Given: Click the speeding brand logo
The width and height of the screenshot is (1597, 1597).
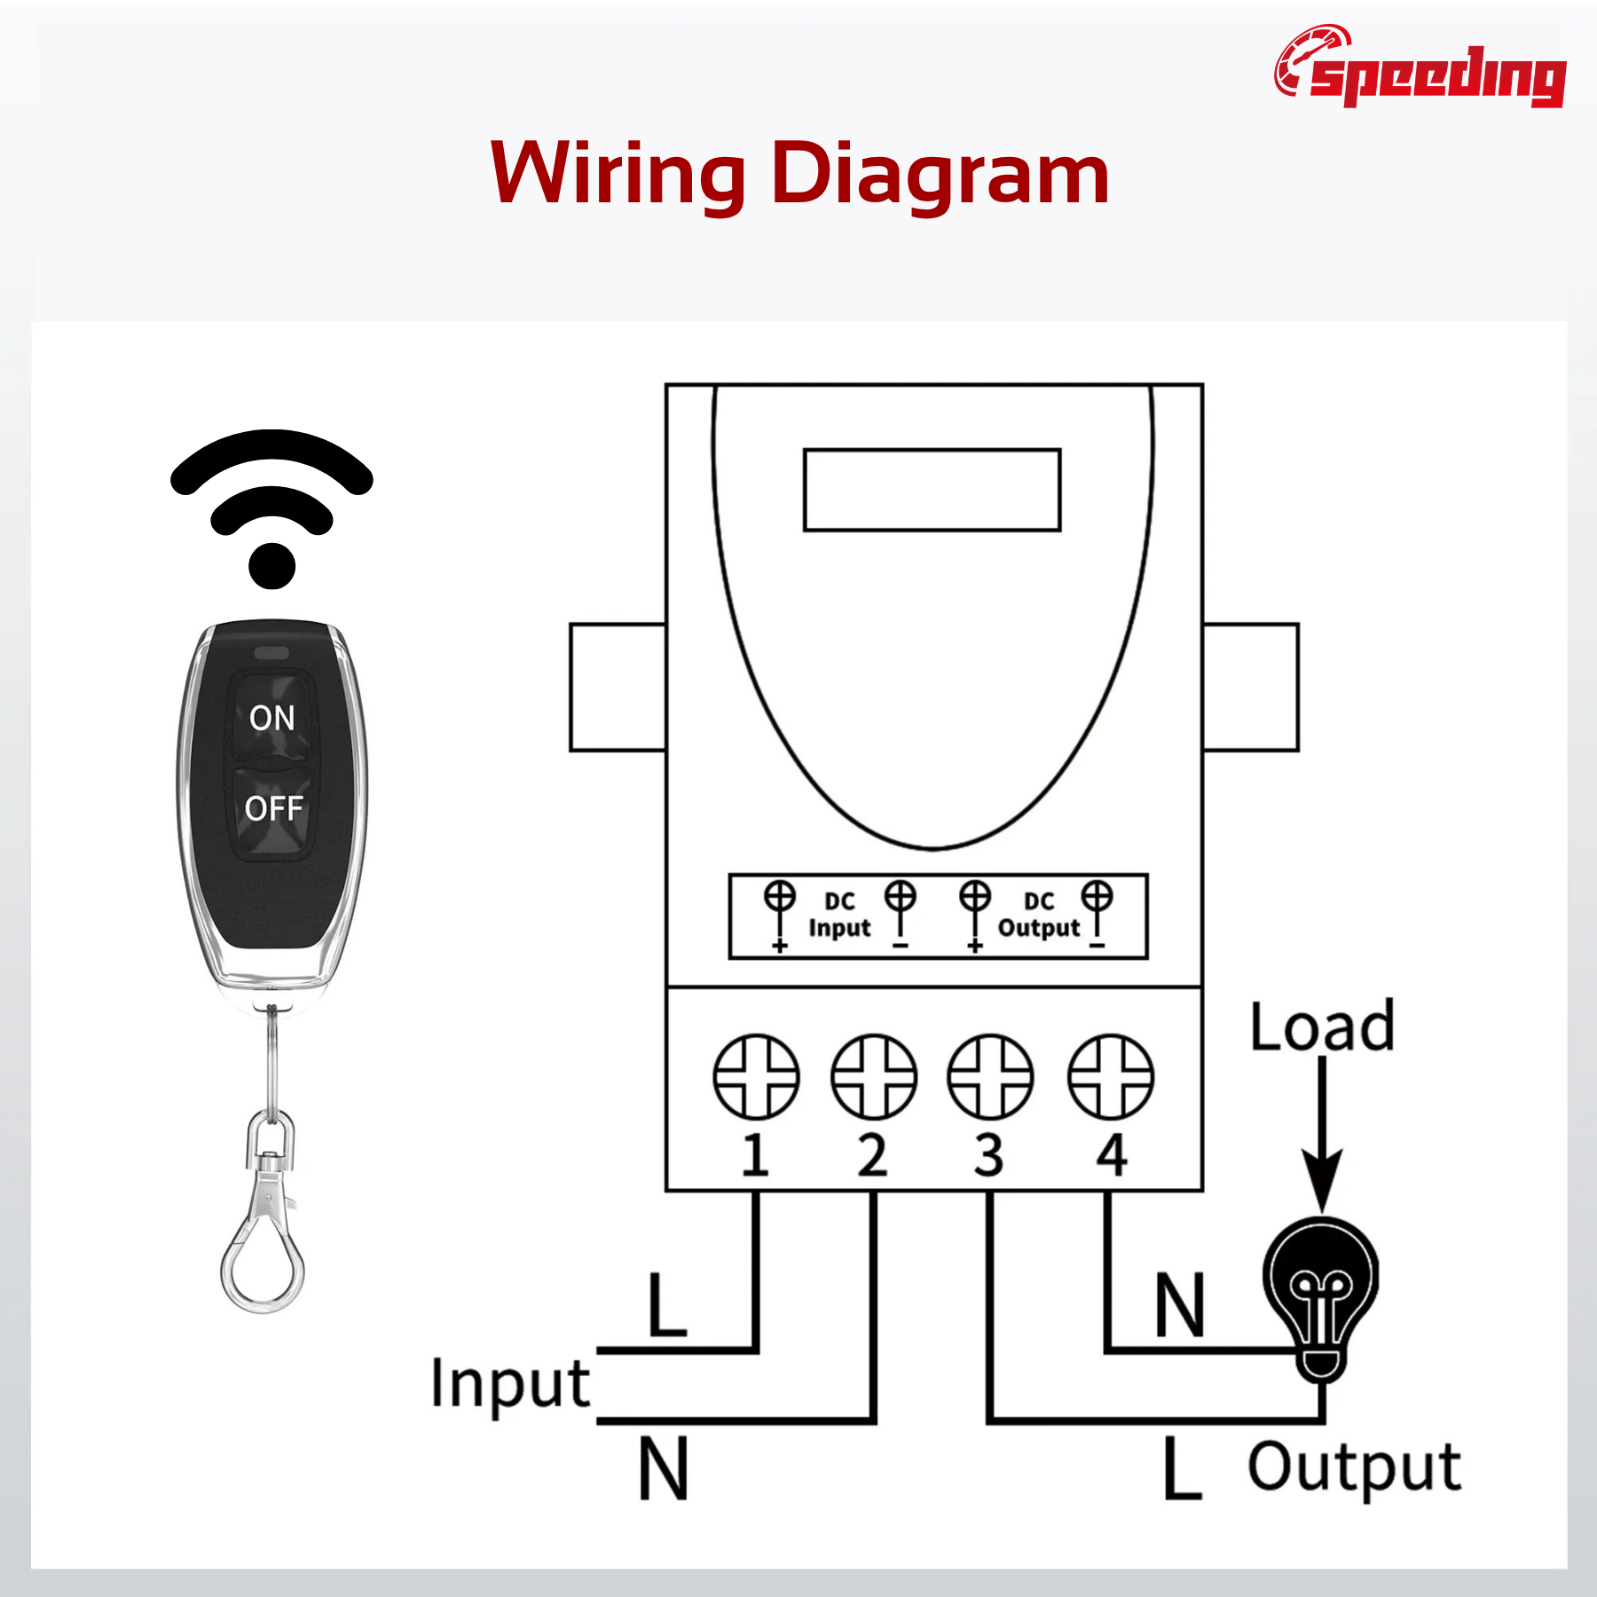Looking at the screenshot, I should pos(1420,68).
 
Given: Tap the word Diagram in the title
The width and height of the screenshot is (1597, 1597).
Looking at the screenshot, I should pos(940,175).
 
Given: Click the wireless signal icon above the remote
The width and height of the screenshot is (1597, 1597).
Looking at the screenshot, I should pos(271,510).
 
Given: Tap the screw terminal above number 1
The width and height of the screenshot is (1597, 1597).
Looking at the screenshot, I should pos(756,1076).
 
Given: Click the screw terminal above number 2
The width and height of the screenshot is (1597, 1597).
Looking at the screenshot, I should pos(874,1076).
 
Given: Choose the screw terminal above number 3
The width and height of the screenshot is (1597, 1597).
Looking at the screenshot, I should pos(991,1076).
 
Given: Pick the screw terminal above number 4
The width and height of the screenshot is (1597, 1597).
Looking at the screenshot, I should pos(1111,1076).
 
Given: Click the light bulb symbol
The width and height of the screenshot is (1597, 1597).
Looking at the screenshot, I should pos(1321,1295).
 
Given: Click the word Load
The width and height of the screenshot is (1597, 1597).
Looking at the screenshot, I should pos(1322,1027).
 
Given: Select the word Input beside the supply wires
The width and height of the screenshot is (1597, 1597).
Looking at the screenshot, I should pos(510,1384).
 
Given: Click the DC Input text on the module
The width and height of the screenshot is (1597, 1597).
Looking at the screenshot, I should pos(839,915).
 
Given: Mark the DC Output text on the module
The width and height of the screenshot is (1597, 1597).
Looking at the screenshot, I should pos(1039,915).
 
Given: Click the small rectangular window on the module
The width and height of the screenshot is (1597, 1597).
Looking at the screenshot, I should pos(932,490).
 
